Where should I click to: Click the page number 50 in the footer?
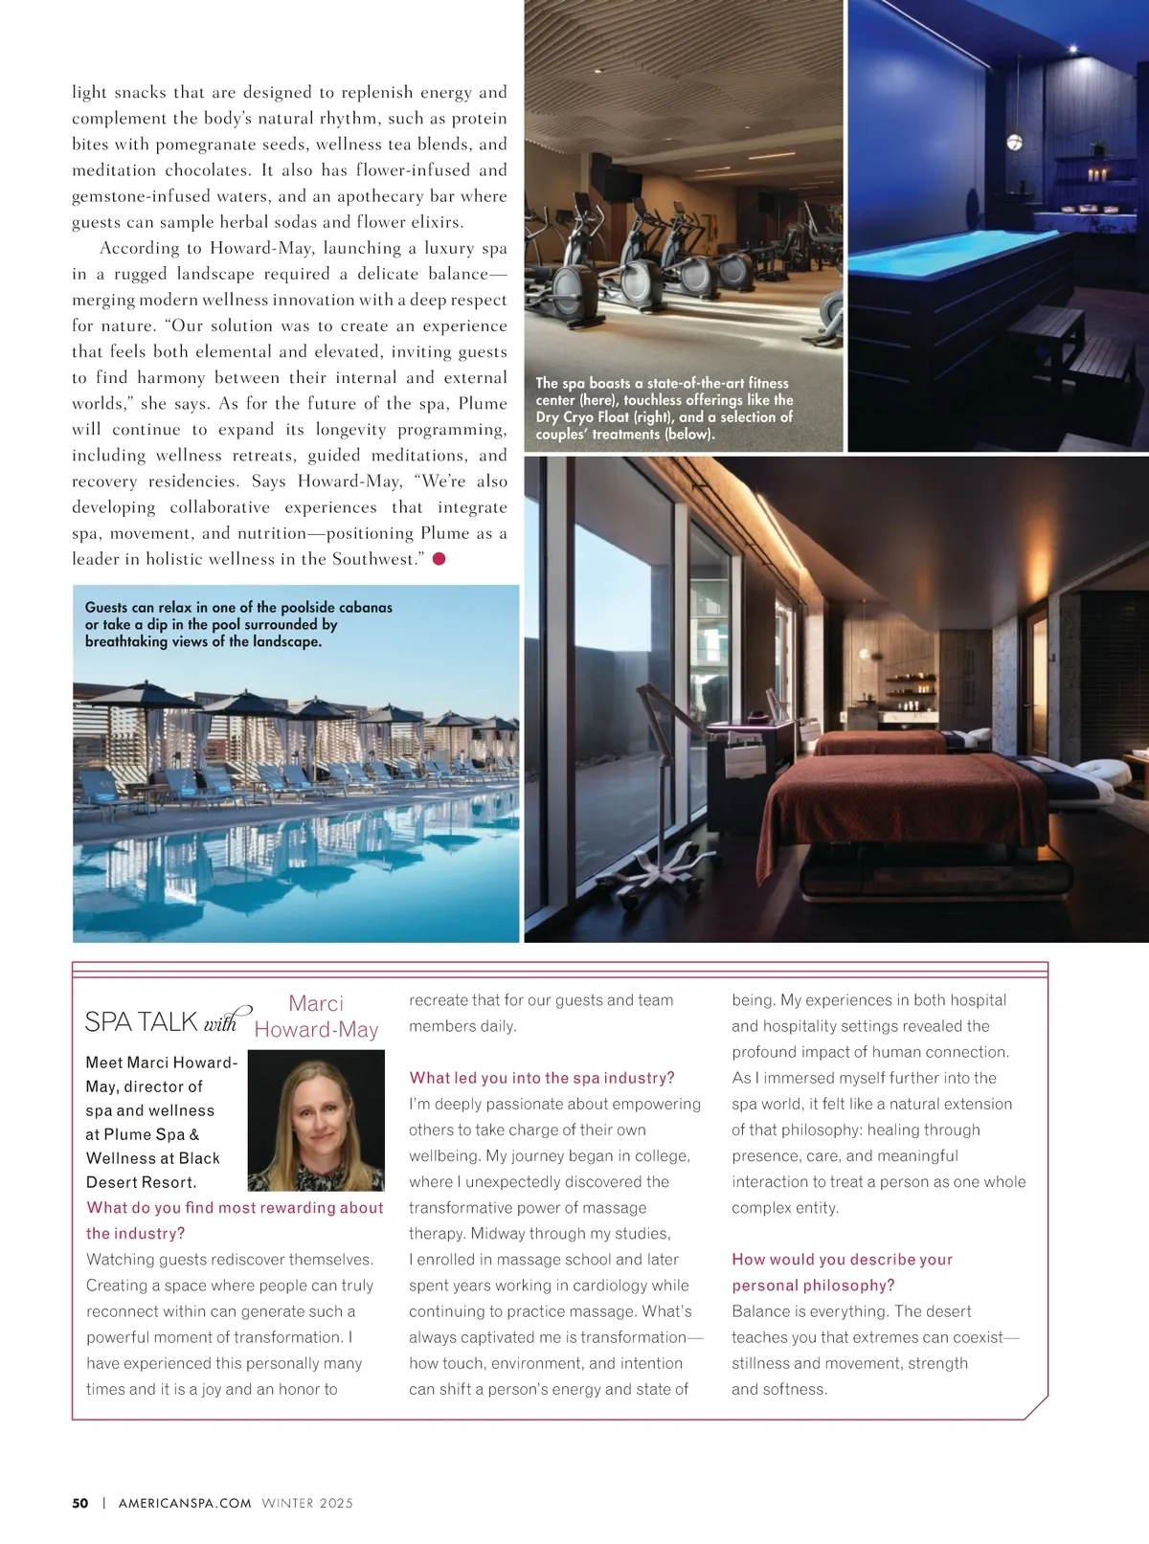coord(80,1503)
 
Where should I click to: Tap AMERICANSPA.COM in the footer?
coord(185,1503)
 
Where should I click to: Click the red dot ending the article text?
coord(439,559)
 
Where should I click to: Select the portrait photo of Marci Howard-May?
coord(316,1121)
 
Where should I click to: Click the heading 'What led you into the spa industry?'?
coord(542,1078)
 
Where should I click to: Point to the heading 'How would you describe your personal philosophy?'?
coord(842,1272)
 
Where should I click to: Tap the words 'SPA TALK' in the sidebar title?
coord(141,1022)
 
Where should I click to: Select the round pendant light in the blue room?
coord(1014,144)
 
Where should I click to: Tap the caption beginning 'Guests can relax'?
coord(238,624)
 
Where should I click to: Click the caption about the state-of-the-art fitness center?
coord(665,408)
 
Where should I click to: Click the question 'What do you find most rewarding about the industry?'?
coord(235,1220)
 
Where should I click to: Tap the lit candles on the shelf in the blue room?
coord(1099,175)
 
